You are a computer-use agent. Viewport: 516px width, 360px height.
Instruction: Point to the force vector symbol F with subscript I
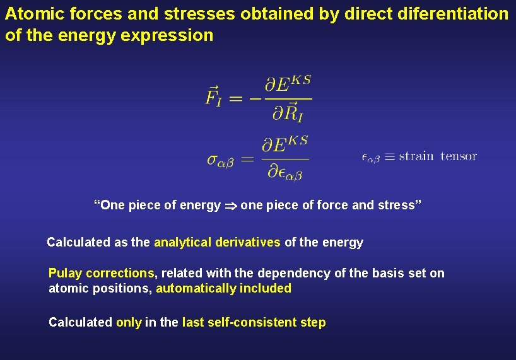tap(213, 97)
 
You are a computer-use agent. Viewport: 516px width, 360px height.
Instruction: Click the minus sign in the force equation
tap(256, 98)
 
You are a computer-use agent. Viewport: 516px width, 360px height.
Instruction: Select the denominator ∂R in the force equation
tap(287, 114)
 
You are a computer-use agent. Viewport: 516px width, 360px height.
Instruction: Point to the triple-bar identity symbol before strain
tap(389, 157)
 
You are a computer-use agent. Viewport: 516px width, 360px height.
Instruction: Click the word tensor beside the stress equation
tap(459, 156)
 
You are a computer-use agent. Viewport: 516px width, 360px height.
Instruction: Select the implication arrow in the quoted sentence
tap(230, 206)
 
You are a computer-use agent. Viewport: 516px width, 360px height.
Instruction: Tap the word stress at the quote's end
tap(399, 206)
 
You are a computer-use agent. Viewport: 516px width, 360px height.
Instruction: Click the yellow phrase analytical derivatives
tap(218, 242)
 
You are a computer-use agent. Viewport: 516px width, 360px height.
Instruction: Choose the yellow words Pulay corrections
tap(102, 273)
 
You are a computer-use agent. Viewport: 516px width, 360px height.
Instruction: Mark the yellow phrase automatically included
tap(223, 289)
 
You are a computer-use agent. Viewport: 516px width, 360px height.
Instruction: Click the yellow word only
tap(129, 322)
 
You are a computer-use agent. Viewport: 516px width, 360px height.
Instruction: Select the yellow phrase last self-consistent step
tap(254, 322)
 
